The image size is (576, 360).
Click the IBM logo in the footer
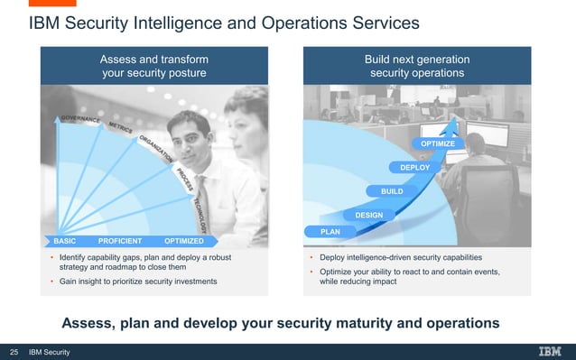[551, 352]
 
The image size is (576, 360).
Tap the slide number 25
[14, 352]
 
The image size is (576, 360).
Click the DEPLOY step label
[415, 168]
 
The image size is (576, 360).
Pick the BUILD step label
[392, 191]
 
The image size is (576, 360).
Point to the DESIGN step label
[368, 215]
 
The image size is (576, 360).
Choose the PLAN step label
[330, 232]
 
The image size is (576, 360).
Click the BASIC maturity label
[65, 242]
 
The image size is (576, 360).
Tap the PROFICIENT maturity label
[120, 242]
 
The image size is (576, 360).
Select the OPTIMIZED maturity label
[183, 242]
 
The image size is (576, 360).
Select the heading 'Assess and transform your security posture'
[153, 66]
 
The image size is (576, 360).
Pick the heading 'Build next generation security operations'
[416, 66]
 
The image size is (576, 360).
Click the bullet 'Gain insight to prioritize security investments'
[137, 282]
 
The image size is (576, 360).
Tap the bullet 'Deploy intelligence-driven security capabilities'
[401, 257]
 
